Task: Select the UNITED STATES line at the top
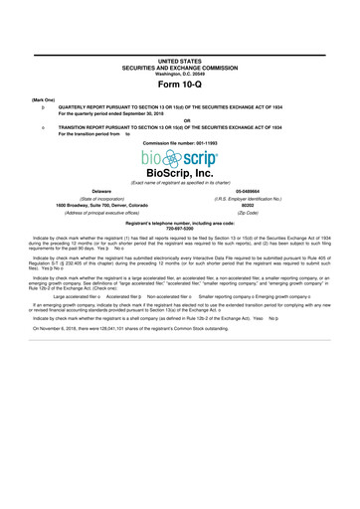tap(179, 33)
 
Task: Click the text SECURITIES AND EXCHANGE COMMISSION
tap(179, 42)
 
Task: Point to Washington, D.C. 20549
tap(179, 50)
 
